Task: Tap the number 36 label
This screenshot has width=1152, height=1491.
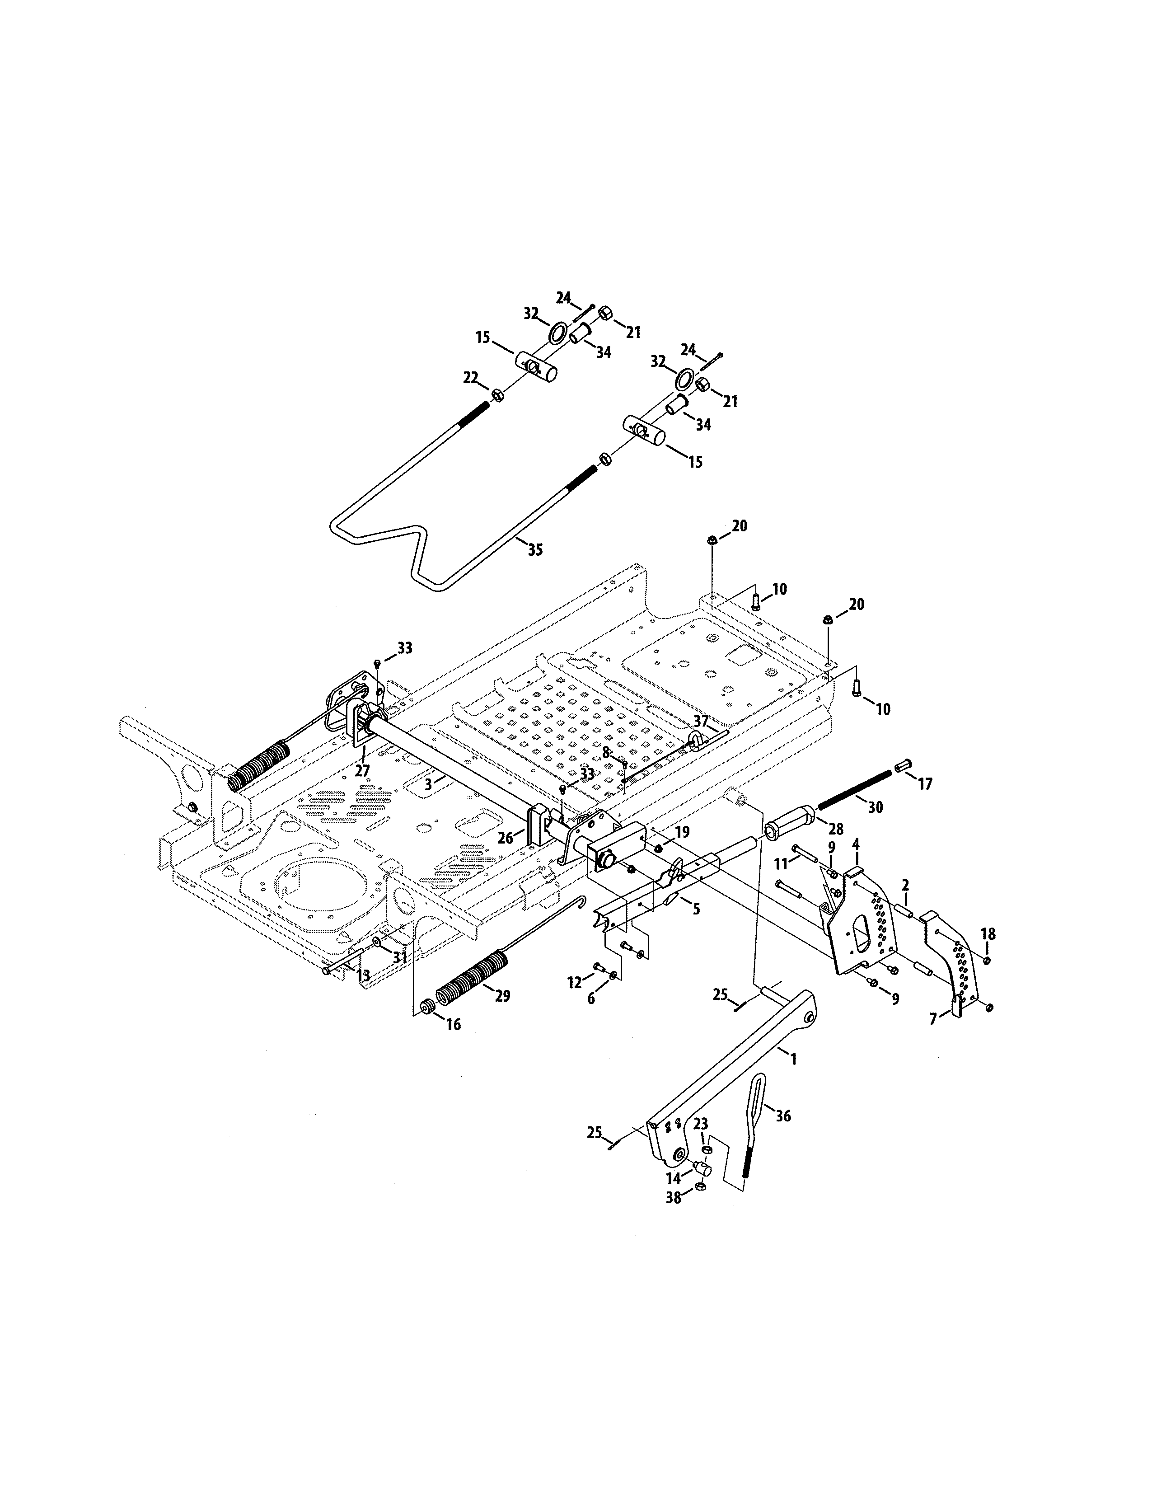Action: (x=783, y=1116)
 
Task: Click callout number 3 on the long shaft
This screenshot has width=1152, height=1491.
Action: (x=428, y=785)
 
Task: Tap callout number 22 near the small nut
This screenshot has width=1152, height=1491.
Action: (x=471, y=378)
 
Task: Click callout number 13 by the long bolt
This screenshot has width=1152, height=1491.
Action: (x=363, y=976)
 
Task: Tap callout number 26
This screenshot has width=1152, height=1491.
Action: (x=505, y=838)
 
